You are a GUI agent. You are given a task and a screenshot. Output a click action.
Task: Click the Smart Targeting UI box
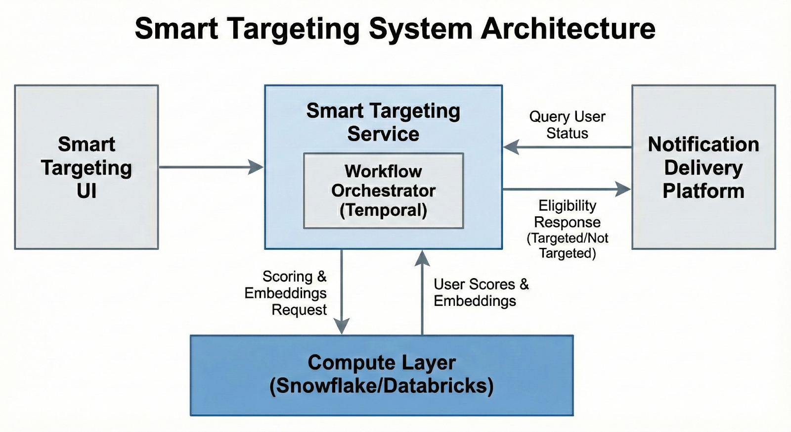(x=87, y=167)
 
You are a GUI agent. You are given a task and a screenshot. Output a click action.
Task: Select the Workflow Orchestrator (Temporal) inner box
(x=383, y=191)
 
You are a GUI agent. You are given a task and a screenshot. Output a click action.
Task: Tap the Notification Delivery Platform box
(x=703, y=167)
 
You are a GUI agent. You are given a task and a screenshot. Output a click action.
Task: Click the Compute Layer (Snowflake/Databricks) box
(x=382, y=375)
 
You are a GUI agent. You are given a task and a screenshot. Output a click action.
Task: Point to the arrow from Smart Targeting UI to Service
(x=210, y=167)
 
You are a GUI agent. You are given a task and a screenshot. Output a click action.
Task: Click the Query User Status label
(x=567, y=125)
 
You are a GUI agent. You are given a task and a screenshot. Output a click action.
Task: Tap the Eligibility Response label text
(x=567, y=214)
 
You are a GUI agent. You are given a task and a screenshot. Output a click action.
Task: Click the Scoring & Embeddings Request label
(x=287, y=292)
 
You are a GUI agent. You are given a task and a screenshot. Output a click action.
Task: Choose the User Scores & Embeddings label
(x=481, y=292)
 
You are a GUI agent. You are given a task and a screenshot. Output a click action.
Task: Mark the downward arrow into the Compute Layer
(x=342, y=292)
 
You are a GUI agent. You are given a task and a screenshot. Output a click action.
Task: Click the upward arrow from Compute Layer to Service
(x=422, y=292)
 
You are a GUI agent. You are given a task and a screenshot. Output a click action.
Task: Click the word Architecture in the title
(x=568, y=29)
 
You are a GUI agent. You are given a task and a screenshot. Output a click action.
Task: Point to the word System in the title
(x=421, y=29)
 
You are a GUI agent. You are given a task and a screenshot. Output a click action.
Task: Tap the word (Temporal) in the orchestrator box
(x=383, y=210)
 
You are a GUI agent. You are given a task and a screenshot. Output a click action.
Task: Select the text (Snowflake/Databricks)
(x=382, y=386)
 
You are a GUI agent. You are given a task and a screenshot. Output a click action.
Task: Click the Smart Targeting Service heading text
(x=383, y=122)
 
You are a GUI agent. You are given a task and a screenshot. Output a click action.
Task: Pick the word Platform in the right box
(x=703, y=191)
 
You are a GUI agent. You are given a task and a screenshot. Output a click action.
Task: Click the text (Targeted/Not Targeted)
(x=567, y=245)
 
